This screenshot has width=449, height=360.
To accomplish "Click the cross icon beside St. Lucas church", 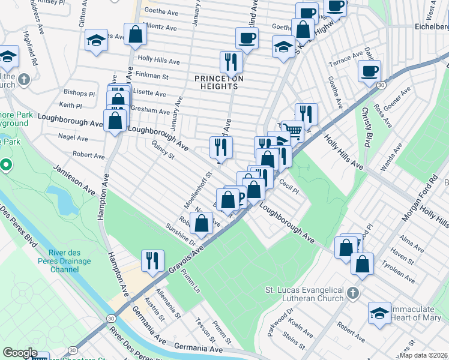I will click(354, 293).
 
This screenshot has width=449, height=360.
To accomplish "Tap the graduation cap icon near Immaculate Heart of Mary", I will click(379, 313).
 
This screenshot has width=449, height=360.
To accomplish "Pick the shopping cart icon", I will click(292, 130).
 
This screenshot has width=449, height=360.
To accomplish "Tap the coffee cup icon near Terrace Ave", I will click(369, 71).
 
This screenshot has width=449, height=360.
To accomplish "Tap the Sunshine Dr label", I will click(181, 234).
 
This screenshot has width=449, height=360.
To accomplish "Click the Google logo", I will click(20, 353).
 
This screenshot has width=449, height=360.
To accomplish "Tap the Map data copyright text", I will click(423, 355).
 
